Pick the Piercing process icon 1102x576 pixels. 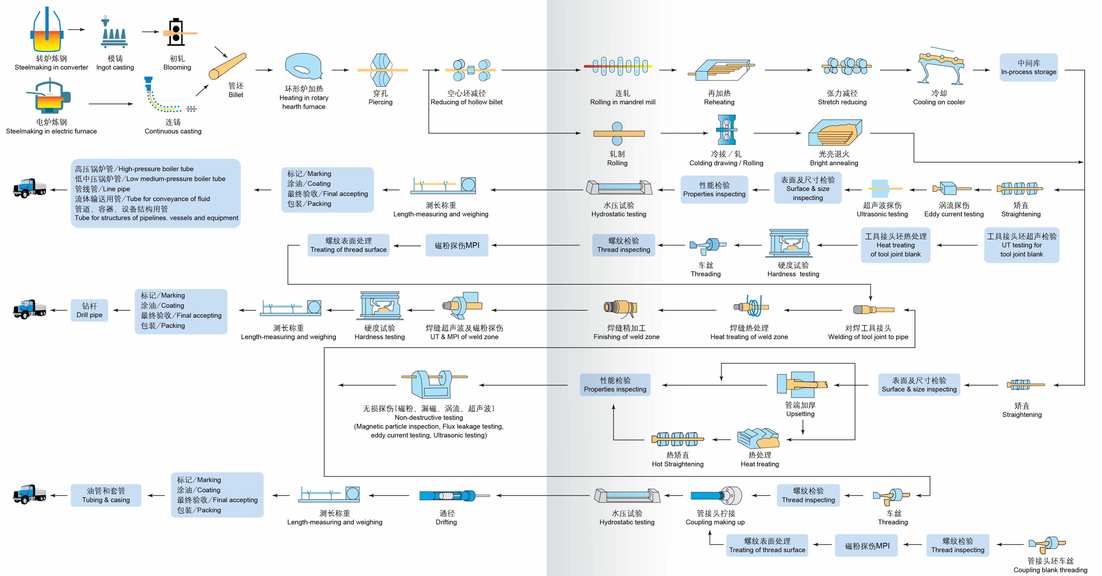(x=380, y=70)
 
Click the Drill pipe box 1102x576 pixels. (x=89, y=310)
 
